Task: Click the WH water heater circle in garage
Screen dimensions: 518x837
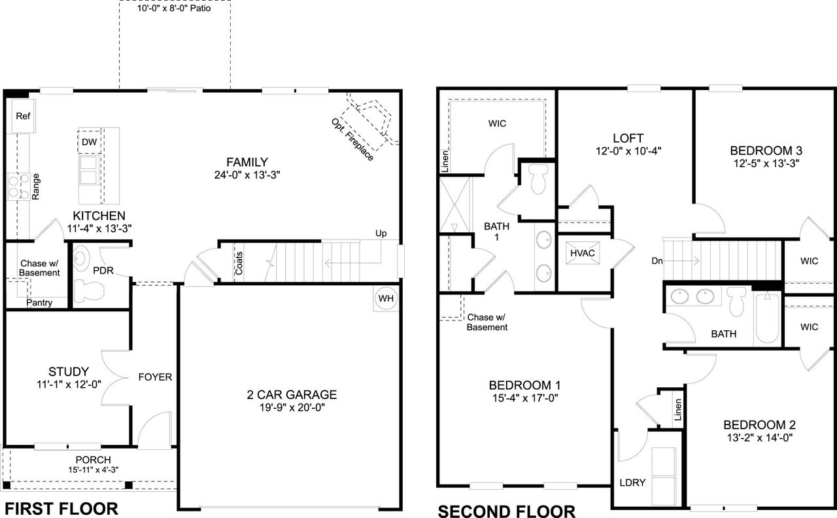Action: click(x=385, y=298)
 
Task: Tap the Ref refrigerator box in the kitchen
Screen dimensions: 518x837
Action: click(x=23, y=116)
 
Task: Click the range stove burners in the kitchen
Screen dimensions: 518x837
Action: click(x=18, y=186)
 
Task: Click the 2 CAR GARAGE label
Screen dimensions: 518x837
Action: click(x=292, y=394)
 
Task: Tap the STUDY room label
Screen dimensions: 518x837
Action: click(x=69, y=371)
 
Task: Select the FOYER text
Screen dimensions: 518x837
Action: click(x=155, y=377)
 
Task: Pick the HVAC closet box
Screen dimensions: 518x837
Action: click(x=582, y=252)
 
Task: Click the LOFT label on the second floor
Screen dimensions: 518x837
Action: click(x=628, y=138)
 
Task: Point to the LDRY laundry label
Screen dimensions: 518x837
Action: click(x=632, y=483)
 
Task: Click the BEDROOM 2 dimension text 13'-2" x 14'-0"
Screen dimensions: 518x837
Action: click(x=759, y=438)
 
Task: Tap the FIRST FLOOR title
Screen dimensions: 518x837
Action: click(x=61, y=508)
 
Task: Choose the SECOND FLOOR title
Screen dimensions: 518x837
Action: click(x=506, y=510)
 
